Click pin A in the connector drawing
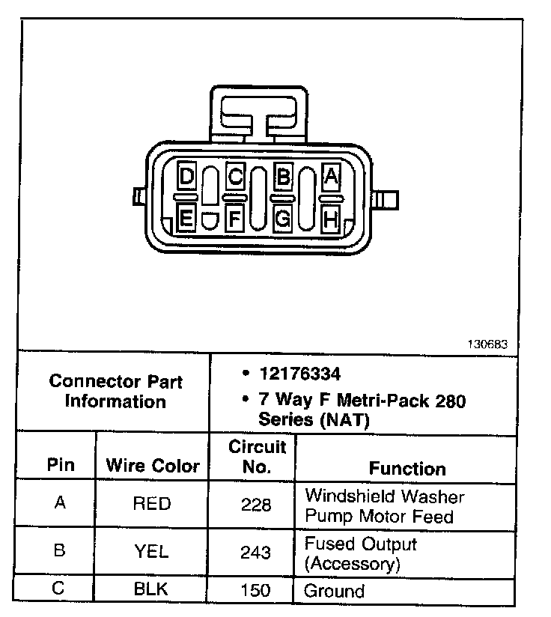coord(331,177)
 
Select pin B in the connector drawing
coord(283,177)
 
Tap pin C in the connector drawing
coord(235,177)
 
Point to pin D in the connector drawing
coord(187,177)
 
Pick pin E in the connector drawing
coord(187,219)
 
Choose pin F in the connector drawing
coord(235,219)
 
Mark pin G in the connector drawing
coord(283,219)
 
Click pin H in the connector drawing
coord(331,219)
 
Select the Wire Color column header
coord(153,466)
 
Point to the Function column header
coord(407,469)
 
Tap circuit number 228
coord(256,505)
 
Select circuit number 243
coord(256,553)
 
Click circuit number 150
coord(256,590)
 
